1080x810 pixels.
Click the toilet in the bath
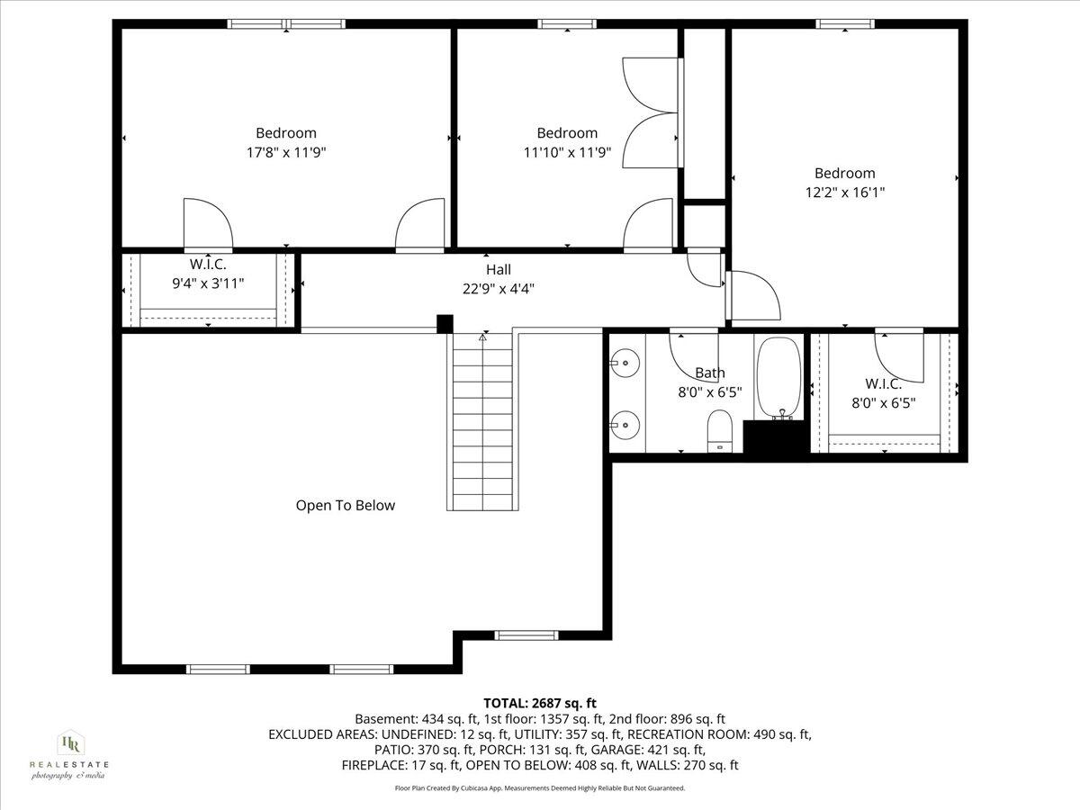tap(721, 429)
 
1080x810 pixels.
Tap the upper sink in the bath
tap(624, 364)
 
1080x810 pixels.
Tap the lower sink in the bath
tap(624, 421)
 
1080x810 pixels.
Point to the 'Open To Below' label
tap(346, 506)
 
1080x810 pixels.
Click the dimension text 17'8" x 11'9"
tap(286, 152)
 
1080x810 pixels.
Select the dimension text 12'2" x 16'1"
tap(844, 192)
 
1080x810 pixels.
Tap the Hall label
tap(498, 269)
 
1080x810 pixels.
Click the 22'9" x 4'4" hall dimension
tap(499, 288)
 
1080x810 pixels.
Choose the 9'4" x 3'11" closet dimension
tap(207, 283)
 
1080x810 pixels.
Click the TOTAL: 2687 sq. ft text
tap(539, 703)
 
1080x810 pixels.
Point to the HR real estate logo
tap(68, 752)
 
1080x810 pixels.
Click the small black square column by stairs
tap(444, 324)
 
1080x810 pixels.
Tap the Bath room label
tap(709, 373)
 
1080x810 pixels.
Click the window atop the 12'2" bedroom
tap(845, 23)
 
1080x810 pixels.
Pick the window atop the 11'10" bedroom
tap(567, 23)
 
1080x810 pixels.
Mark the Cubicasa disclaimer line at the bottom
tap(540, 787)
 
